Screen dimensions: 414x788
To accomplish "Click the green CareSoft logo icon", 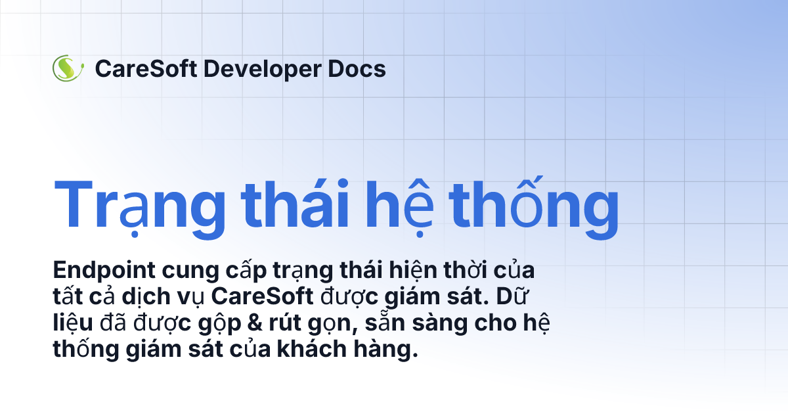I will (x=68, y=68).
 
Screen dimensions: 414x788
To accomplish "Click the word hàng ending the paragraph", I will (x=391, y=350).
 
